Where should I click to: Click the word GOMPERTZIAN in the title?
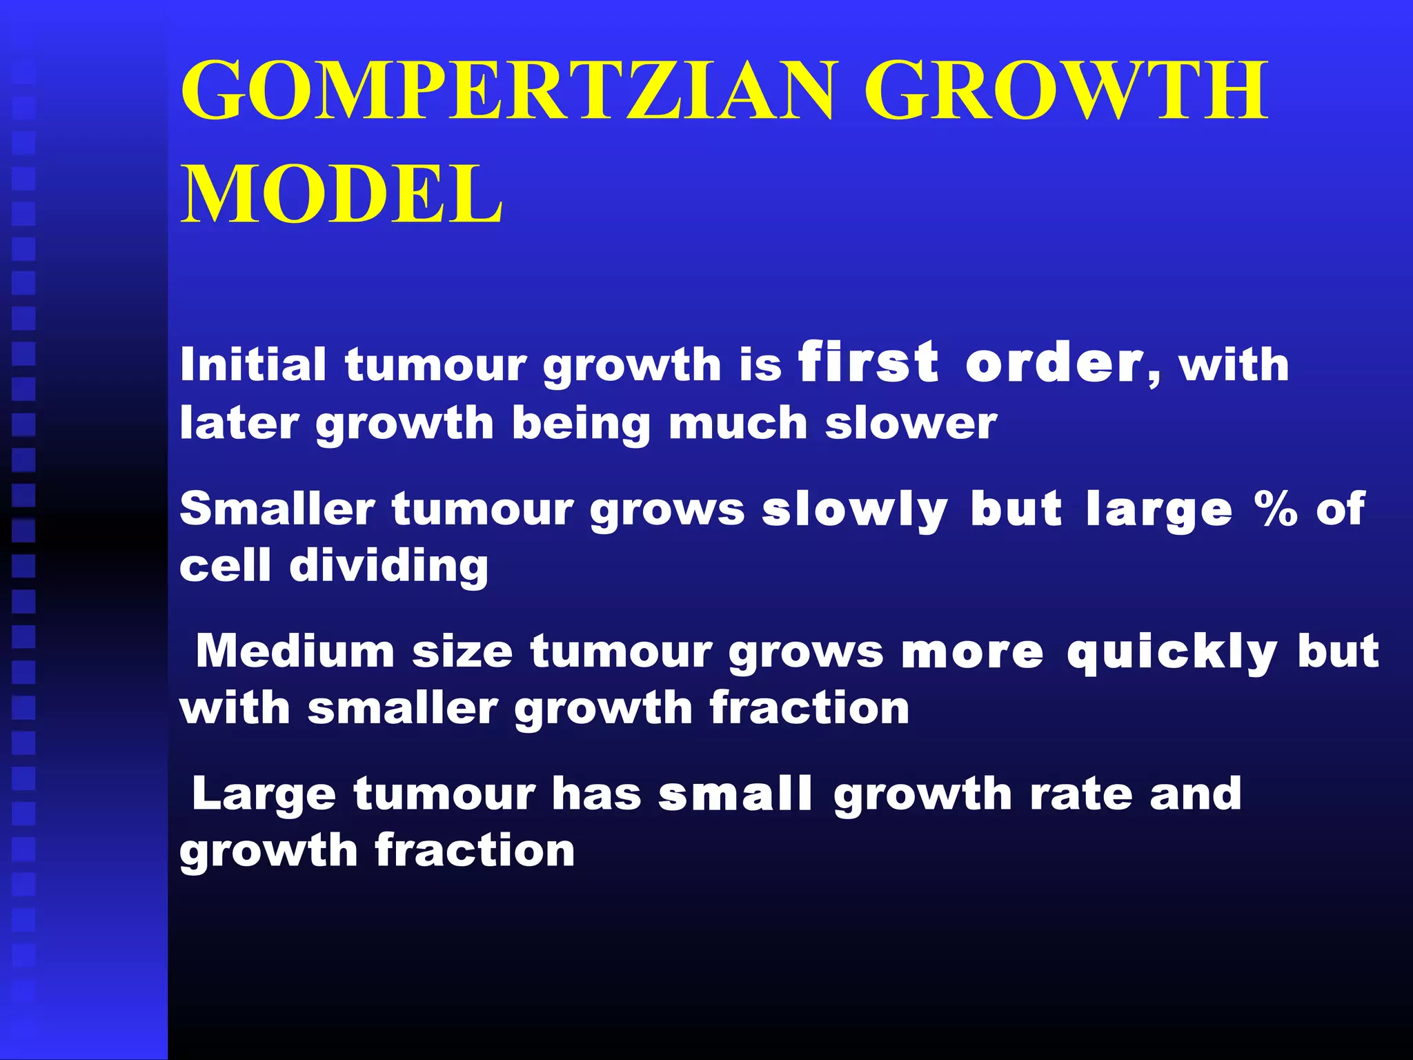click(507, 91)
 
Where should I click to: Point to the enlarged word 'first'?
click(868, 362)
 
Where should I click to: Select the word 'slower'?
click(911, 423)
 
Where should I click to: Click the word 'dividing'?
click(389, 567)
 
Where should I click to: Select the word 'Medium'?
click(295, 651)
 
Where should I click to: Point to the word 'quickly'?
click(1172, 653)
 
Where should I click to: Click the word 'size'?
click(462, 651)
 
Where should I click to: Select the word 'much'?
click(738, 423)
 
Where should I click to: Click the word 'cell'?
click(225, 567)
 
